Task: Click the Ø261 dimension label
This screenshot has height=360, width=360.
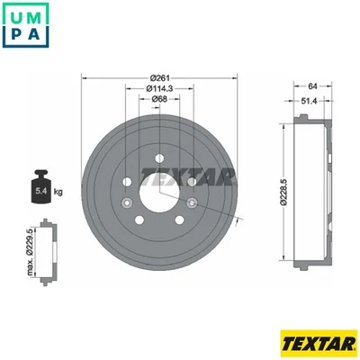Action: pos(161,77)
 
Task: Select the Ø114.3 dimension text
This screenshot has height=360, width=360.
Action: pos(162,88)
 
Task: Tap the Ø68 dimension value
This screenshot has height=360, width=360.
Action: pos(162,99)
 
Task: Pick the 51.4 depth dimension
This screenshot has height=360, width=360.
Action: pos(307,102)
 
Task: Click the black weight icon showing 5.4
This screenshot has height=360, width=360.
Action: pos(41,185)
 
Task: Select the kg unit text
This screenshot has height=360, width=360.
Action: pos(59,193)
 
